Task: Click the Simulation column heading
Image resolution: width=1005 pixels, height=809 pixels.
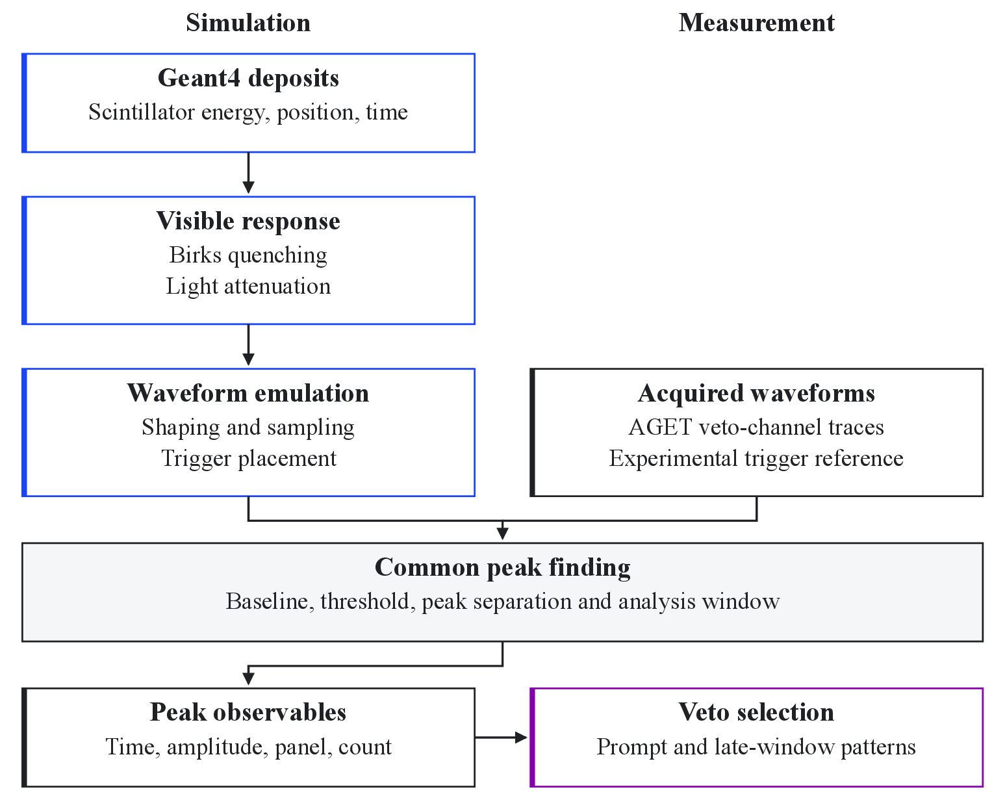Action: click(x=248, y=23)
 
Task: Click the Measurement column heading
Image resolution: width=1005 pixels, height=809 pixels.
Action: click(x=757, y=23)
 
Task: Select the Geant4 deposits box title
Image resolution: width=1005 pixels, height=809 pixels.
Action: click(x=248, y=78)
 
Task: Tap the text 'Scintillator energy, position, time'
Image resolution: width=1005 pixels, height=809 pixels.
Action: click(x=248, y=112)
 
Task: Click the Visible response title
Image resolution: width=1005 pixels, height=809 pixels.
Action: click(x=248, y=221)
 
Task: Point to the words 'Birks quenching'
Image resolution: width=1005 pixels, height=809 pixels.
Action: click(x=248, y=255)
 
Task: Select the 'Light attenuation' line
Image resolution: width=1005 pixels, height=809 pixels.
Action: click(x=248, y=286)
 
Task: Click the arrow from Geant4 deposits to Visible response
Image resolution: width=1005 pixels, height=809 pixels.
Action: click(x=248, y=173)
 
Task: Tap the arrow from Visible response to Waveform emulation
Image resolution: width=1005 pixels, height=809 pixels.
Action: click(x=248, y=344)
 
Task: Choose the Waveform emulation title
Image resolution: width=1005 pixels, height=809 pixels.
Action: click(x=248, y=393)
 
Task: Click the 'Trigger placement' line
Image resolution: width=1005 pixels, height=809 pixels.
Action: click(x=248, y=458)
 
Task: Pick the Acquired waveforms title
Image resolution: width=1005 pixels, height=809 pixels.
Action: click(x=756, y=393)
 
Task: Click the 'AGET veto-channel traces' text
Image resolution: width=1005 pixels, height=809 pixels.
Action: click(x=756, y=427)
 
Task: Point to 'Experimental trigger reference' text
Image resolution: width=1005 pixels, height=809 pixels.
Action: click(x=756, y=458)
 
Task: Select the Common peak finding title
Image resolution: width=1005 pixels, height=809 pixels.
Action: click(x=503, y=567)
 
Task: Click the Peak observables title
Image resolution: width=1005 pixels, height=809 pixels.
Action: click(x=248, y=712)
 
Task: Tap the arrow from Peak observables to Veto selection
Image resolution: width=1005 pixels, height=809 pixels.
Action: click(x=501, y=738)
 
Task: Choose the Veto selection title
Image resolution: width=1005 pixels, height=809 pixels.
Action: click(x=756, y=712)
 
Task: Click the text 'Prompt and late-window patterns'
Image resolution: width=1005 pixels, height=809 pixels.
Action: click(x=756, y=747)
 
